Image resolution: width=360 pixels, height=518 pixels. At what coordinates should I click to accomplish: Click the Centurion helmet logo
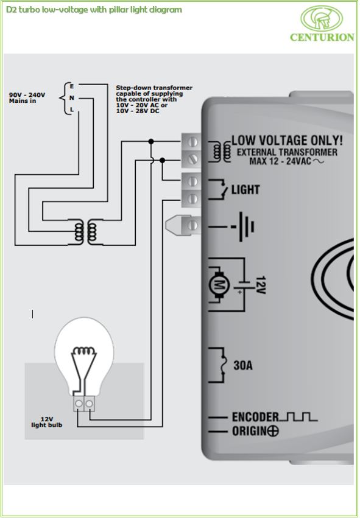322,18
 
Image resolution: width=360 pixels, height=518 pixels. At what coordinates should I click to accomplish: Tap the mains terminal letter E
72,86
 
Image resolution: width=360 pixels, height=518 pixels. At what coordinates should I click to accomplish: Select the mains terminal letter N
72,98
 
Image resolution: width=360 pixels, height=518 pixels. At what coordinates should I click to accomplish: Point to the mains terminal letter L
72,110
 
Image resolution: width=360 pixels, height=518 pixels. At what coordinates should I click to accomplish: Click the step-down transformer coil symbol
86,231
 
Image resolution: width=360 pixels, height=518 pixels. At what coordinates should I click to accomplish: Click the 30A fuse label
243,365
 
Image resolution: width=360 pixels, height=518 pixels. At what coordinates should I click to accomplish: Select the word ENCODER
255,417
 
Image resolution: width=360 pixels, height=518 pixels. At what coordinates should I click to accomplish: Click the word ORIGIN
249,431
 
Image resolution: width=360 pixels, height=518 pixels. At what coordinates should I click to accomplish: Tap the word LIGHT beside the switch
245,190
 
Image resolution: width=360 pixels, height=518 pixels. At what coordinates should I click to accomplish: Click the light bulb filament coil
84,351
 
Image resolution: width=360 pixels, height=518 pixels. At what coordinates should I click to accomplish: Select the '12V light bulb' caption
47,422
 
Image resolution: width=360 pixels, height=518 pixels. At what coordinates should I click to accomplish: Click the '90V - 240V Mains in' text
27,98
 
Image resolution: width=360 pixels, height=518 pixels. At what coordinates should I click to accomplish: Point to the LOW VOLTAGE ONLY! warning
287,141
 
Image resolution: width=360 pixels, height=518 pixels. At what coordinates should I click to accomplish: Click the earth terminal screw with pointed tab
183,225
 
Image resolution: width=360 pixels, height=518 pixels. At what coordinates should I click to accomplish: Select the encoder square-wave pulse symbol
298,417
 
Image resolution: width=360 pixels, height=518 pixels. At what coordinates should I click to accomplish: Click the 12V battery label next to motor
261,285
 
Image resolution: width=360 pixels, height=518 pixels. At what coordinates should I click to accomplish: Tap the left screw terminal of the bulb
79,404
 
